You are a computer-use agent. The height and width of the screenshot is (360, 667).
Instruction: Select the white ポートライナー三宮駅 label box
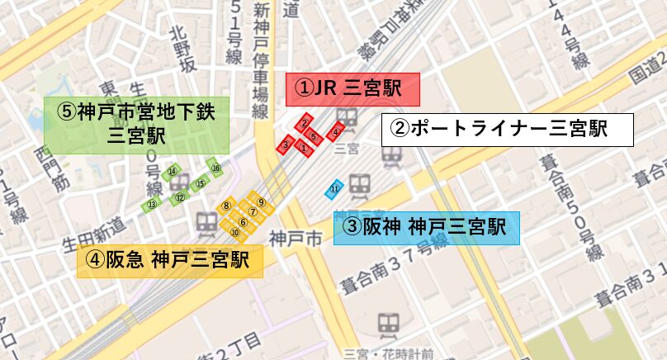pyautogui.click(x=507, y=130)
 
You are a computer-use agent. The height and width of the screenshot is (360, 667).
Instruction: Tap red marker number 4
pyautogui.click(x=335, y=131)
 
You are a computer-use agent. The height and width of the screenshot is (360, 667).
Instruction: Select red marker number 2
pyautogui.click(x=305, y=123)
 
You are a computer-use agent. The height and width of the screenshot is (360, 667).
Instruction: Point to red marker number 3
pyautogui.click(x=286, y=145)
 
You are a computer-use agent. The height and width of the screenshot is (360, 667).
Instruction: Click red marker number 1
pyautogui.click(x=304, y=149)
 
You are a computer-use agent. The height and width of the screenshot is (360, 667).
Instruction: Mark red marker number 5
pyautogui.click(x=314, y=135)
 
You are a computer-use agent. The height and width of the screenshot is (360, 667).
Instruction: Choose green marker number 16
pyautogui.click(x=215, y=168)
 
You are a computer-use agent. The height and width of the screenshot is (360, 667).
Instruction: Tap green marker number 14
pyautogui.click(x=172, y=172)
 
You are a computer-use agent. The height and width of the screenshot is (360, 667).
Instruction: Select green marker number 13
pyautogui.click(x=151, y=204)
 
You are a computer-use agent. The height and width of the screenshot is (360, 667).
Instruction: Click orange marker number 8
pyautogui.click(x=225, y=205)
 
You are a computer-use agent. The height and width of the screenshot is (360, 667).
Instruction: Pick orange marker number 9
pyautogui.click(x=260, y=201)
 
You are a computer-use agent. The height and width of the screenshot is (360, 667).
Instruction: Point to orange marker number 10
pyautogui.click(x=235, y=233)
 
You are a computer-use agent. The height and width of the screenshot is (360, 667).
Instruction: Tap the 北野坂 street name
pyautogui.click(x=182, y=50)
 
